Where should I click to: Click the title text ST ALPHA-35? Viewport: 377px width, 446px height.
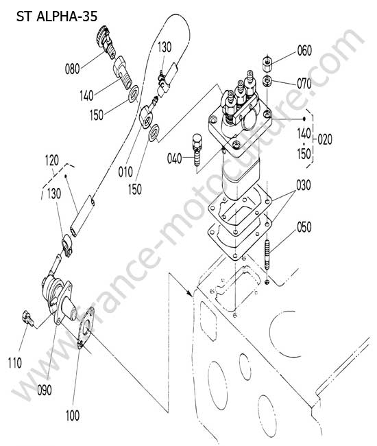pos(57,16)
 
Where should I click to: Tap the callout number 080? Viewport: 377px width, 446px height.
pos(73,69)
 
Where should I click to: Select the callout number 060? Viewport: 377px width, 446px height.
pos(304,51)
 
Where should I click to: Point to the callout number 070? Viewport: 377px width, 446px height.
pos(304,84)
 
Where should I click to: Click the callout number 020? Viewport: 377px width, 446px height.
pos(325,139)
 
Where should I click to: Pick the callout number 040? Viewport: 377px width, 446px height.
pos(174,158)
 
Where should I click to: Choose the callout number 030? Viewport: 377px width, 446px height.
pos(304,185)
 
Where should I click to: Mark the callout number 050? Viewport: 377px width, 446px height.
pos(304,227)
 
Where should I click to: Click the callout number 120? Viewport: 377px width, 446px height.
pos(52,161)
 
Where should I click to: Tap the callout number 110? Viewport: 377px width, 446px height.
pos(15,363)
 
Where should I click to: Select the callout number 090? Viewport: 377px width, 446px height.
pos(45,390)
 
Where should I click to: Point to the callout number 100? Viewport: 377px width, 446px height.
pos(73,416)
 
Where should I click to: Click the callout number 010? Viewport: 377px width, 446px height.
pos(125,172)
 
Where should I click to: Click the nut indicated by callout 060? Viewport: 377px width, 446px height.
pos(267,64)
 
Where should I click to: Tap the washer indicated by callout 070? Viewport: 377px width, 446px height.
pos(267,82)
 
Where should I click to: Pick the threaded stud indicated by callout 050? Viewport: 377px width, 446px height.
pos(267,255)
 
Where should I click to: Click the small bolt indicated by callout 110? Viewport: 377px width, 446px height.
pos(28,318)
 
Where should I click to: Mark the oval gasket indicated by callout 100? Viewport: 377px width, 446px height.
pos(86,328)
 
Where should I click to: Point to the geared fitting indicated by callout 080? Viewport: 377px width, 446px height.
pos(106,43)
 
